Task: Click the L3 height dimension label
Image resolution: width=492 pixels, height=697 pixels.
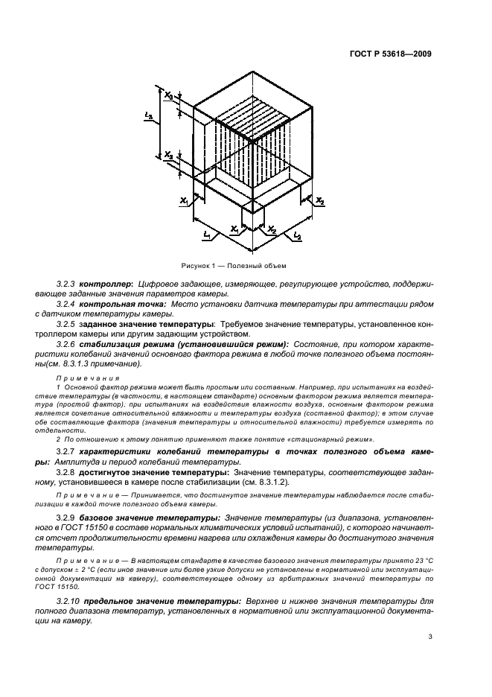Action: (x=150, y=116)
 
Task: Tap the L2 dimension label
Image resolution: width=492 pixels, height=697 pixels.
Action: (x=297, y=236)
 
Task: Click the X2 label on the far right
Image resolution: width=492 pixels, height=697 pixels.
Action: (x=320, y=201)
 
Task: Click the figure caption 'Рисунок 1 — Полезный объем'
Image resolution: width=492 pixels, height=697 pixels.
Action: (x=234, y=265)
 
